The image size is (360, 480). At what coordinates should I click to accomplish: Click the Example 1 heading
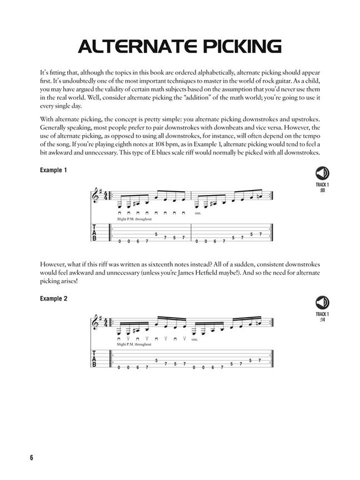pyautogui.click(x=53, y=171)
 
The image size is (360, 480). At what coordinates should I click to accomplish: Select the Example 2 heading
pyautogui.click(x=53, y=299)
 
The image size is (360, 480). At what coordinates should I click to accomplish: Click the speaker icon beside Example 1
pyautogui.click(x=321, y=173)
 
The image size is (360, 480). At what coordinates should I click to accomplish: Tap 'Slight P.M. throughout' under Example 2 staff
pyautogui.click(x=134, y=344)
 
